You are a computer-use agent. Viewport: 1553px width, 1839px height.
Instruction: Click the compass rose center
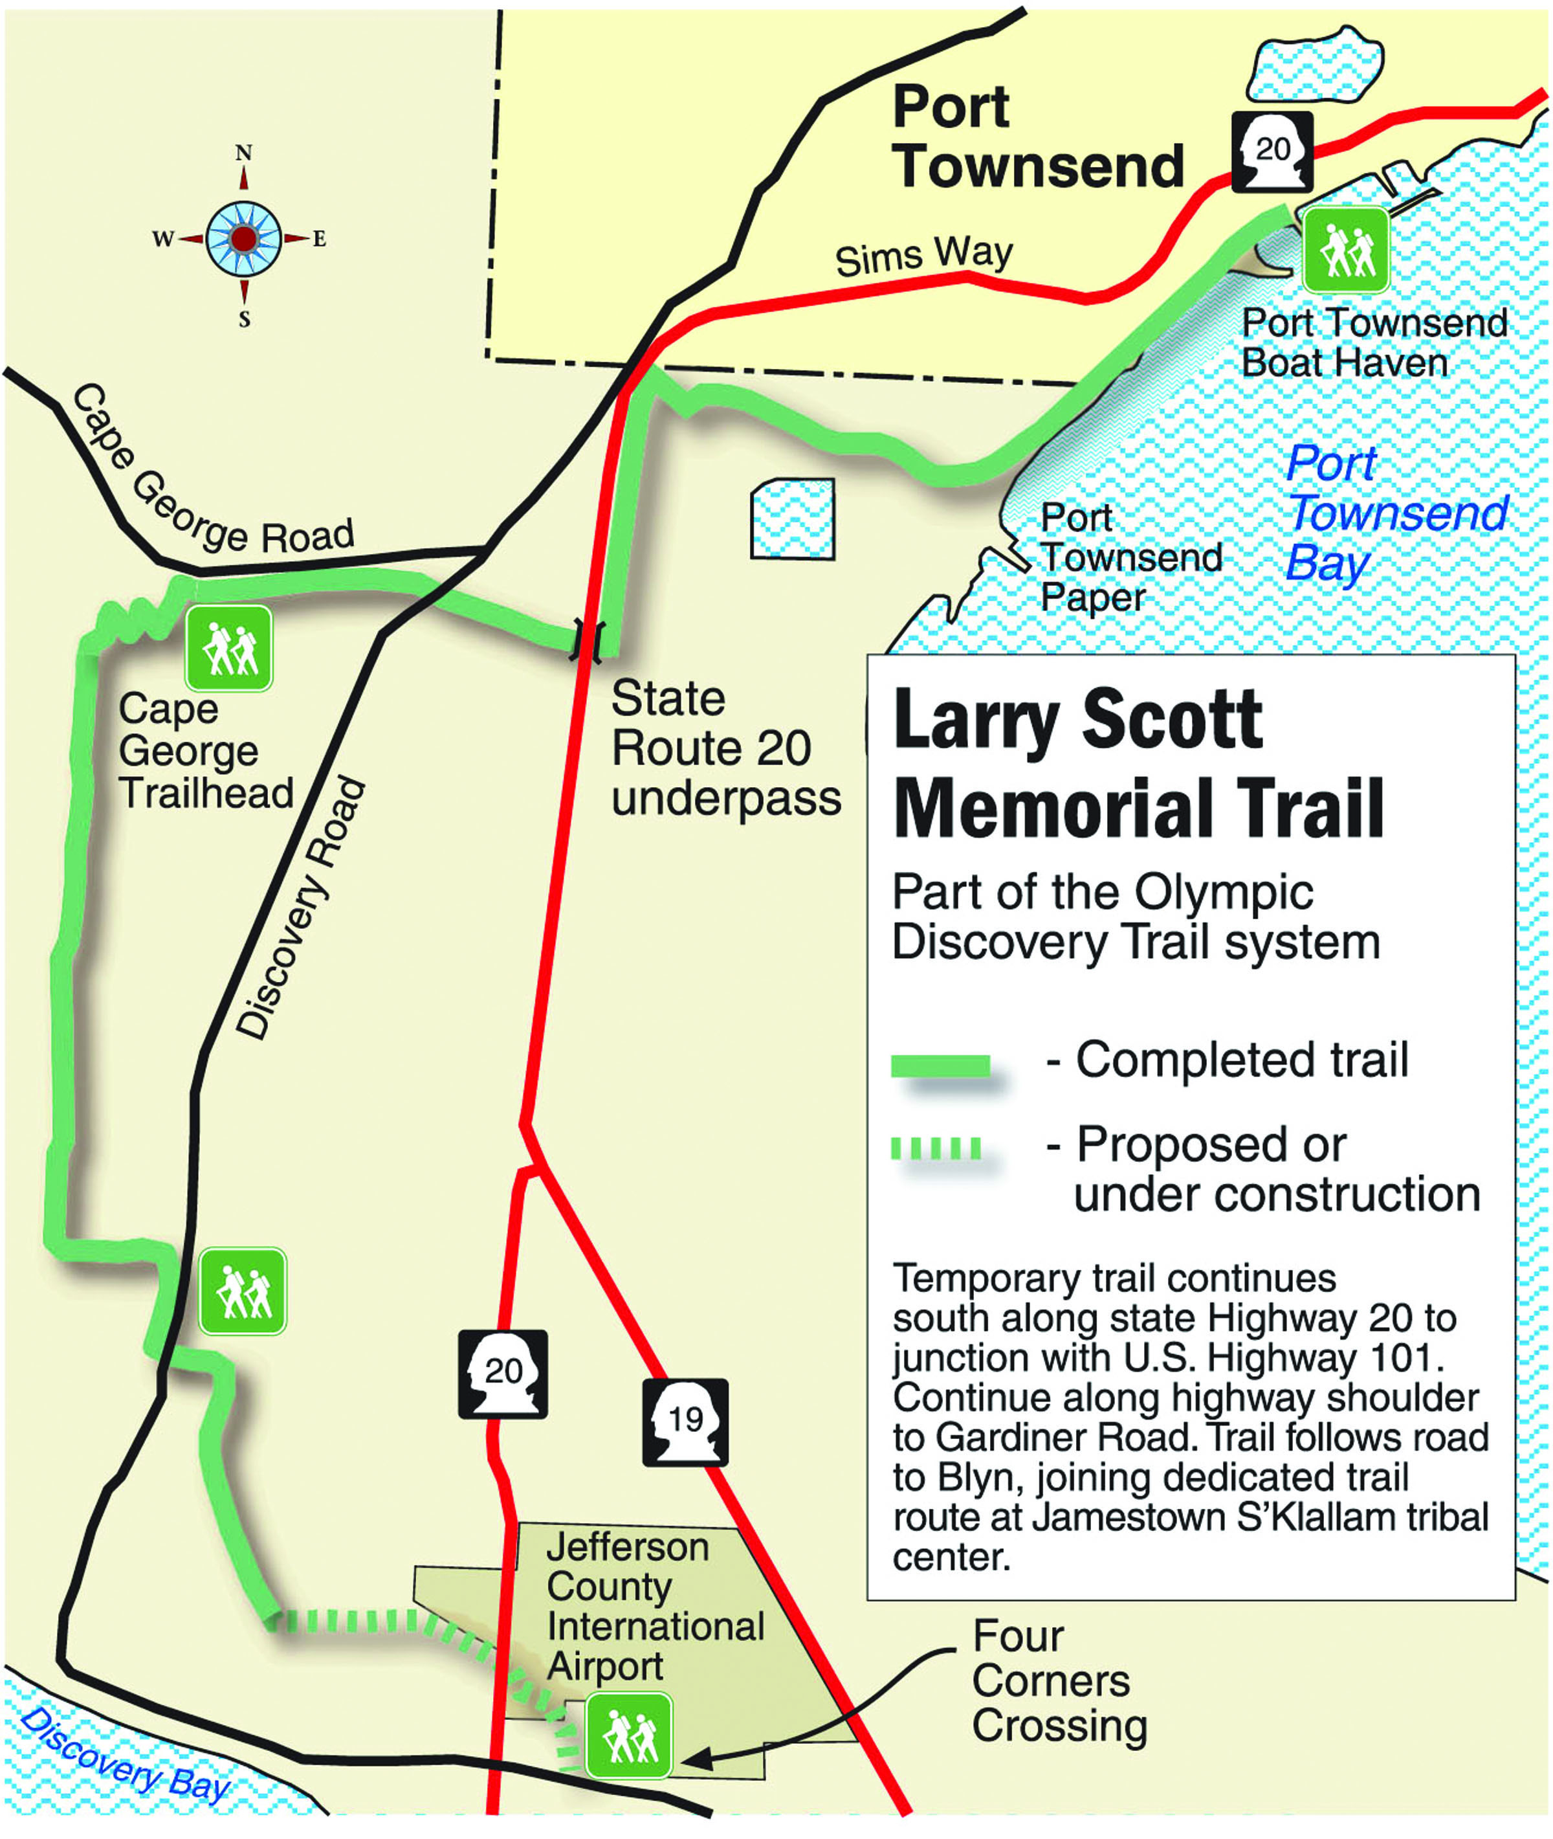244,238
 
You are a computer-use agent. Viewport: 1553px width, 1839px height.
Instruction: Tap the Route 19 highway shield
685,1421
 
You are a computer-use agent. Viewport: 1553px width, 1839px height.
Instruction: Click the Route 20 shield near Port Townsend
1272,151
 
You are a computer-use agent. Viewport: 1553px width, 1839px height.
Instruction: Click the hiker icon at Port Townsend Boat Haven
1345,250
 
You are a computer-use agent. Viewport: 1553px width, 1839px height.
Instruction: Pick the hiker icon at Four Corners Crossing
628,1734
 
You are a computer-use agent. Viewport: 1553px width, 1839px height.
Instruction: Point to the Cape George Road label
212,480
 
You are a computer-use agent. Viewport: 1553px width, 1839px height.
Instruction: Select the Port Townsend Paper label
1130,557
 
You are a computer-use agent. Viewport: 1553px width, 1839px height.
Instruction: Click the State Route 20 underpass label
725,749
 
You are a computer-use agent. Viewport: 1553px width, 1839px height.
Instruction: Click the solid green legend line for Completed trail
940,1065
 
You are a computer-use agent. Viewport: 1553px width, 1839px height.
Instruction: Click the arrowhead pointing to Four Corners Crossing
696,1760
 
